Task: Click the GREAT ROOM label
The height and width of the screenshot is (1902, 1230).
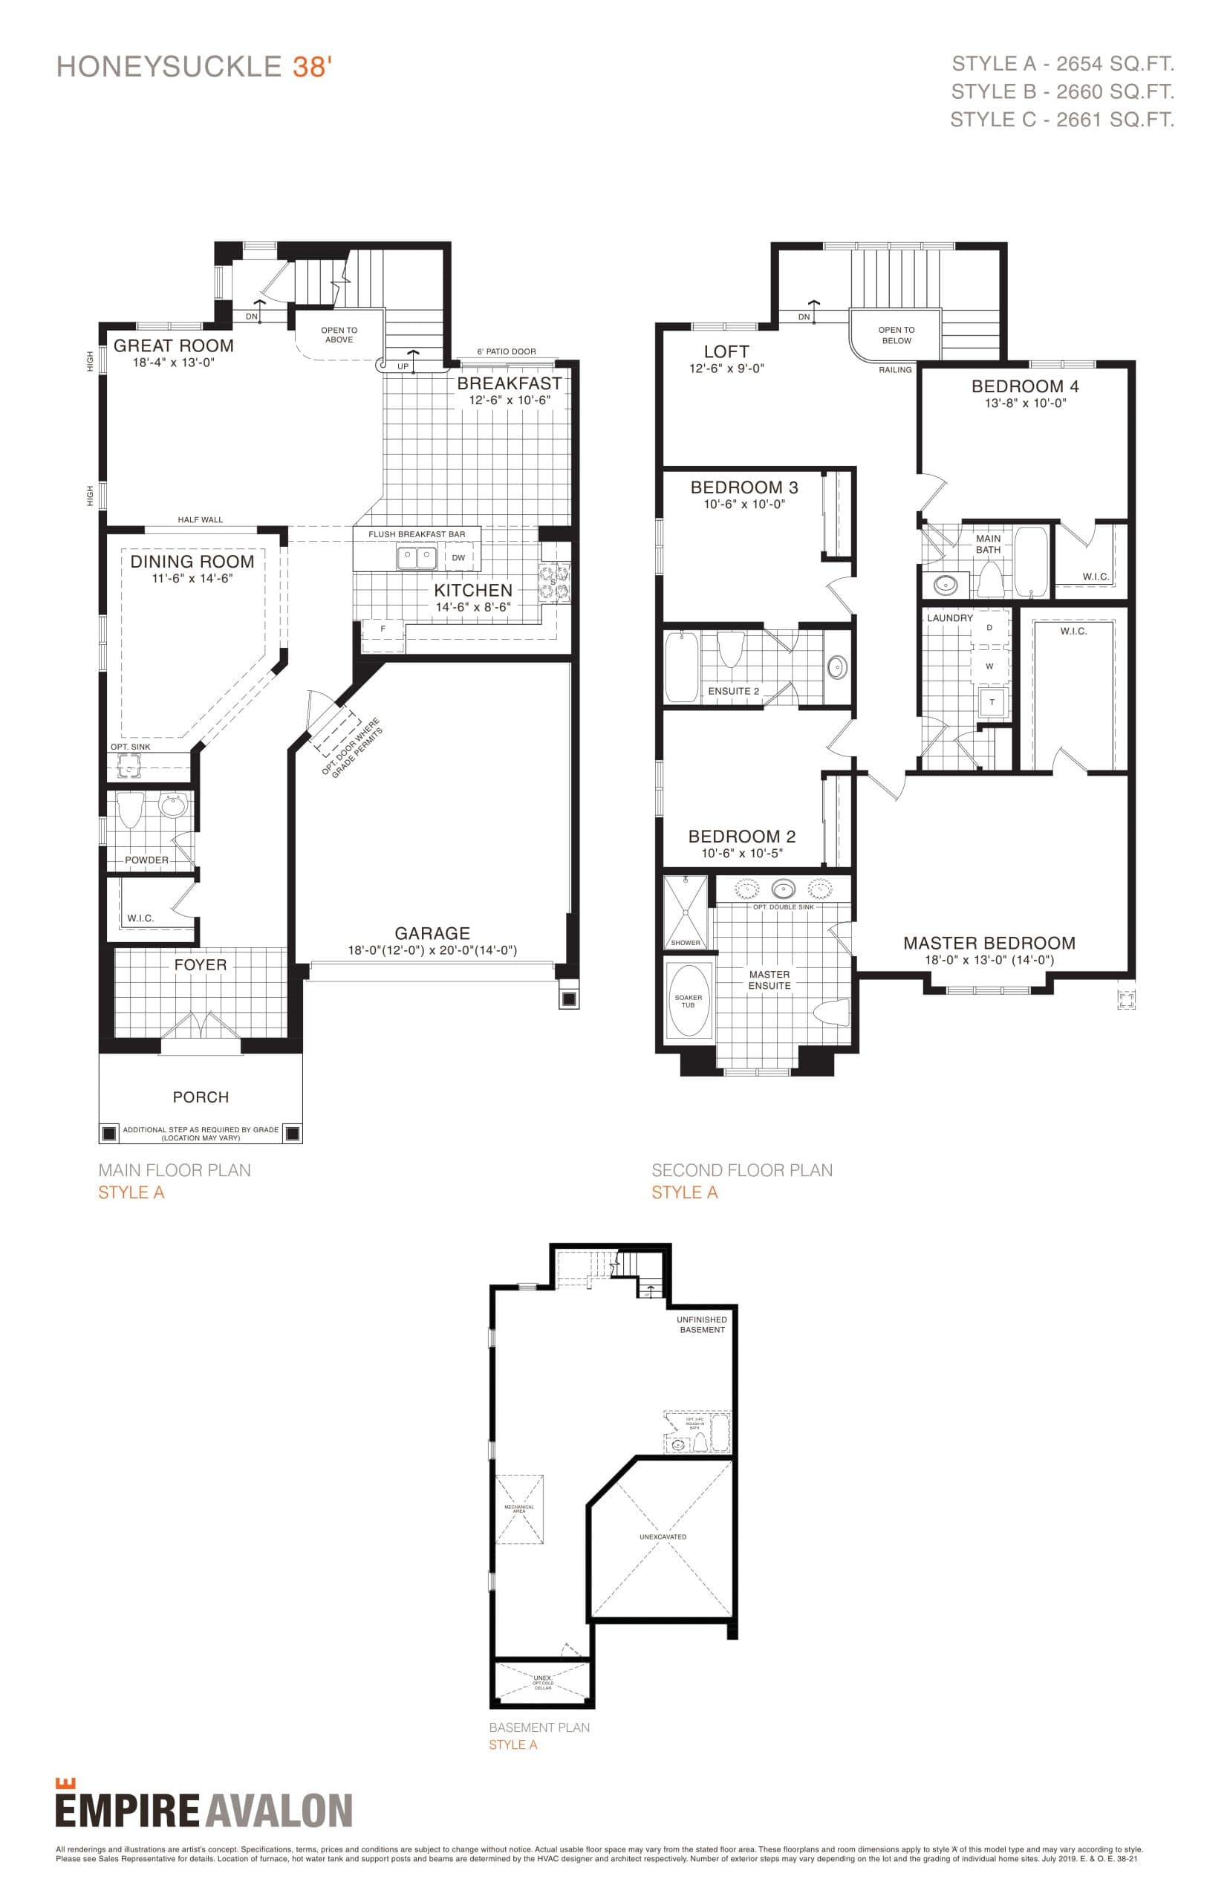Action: pos(173,346)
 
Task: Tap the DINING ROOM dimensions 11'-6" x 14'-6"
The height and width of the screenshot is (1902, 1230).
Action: pos(192,578)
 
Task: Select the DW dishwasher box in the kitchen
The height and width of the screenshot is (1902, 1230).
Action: pos(458,557)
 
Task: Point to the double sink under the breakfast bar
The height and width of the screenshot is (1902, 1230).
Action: pos(417,556)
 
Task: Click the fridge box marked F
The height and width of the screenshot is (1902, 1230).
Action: pos(383,629)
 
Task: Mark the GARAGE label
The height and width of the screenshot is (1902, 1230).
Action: pos(432,933)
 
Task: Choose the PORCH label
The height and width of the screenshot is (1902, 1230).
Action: pos(201,1097)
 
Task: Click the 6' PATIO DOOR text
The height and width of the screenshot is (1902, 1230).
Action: pos(507,351)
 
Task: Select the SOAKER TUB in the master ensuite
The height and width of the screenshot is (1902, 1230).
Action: pos(689,999)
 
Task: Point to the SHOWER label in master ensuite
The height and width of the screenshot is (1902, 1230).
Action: pos(686,943)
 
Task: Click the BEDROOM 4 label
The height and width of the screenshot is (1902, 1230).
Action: pos(1025,386)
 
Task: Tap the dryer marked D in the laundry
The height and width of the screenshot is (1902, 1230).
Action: pos(989,628)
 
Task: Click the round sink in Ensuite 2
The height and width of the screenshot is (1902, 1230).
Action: pos(836,666)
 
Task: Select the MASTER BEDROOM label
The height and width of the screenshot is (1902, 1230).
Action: pos(989,944)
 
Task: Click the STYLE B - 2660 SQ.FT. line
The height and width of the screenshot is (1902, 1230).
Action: pos(1062,92)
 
